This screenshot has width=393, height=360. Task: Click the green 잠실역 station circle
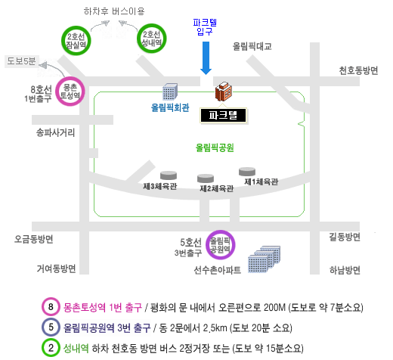tap(62, 41)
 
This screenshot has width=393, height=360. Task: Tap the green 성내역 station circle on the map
tap(138, 39)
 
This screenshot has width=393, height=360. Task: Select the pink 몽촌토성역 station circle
tap(57, 92)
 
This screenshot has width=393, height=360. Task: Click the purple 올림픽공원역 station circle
tap(207, 245)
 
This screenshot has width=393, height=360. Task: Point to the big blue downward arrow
tap(206, 58)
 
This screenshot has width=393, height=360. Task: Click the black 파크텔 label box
tap(223, 116)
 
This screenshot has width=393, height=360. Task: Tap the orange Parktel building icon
tap(224, 92)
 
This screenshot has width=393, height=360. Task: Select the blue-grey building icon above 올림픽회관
tap(170, 92)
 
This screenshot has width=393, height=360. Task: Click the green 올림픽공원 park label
tap(215, 147)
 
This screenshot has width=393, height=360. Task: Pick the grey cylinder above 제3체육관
tap(169, 175)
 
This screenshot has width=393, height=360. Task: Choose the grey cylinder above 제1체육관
tap(247, 172)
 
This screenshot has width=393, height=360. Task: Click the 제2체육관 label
tap(217, 188)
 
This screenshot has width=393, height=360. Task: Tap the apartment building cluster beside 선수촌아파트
tap(264, 259)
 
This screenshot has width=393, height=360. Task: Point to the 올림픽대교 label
tap(252, 46)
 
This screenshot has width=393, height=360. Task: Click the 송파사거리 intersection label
tap(56, 132)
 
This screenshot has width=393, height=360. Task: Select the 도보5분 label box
tap(22, 61)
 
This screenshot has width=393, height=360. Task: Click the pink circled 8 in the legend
tap(51, 307)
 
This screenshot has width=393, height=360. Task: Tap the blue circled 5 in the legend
tap(51, 327)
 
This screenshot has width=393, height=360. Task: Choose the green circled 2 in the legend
tap(51, 348)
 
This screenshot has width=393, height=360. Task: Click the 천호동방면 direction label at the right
tap(358, 70)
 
